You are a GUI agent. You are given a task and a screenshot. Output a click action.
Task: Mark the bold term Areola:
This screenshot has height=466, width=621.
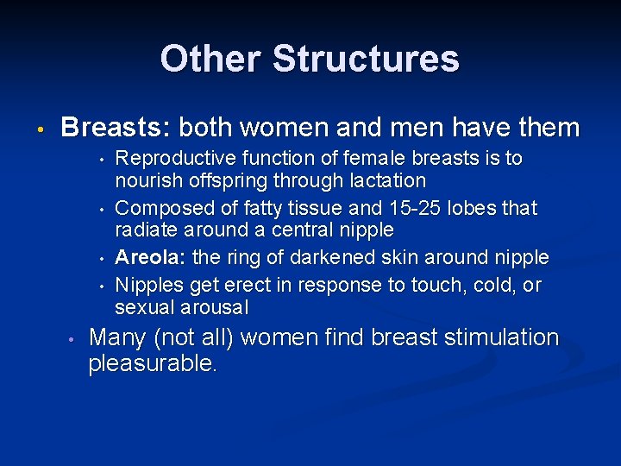[x=150, y=257]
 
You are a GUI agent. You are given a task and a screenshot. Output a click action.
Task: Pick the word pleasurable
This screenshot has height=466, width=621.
[x=153, y=364]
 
